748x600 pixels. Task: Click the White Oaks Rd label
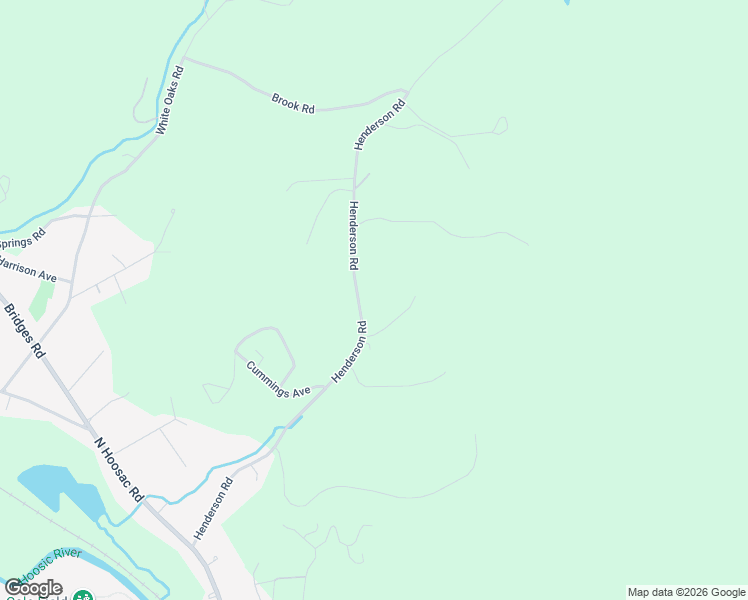coord(170,100)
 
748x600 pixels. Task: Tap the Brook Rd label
coord(293,102)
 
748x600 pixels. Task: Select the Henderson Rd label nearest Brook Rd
coord(379,125)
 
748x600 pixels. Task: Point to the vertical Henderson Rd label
coord(353,235)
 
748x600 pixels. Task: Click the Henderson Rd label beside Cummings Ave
coord(350,350)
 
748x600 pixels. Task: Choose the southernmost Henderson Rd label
coord(213,508)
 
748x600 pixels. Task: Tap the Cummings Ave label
coord(279,379)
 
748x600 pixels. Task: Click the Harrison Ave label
coord(27,268)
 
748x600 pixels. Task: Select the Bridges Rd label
coord(25,331)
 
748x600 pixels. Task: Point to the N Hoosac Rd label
coord(120,469)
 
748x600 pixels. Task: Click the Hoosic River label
coord(50,579)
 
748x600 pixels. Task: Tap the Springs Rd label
coord(22,240)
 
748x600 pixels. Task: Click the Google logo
coord(33,588)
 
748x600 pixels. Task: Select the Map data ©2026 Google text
coord(686,592)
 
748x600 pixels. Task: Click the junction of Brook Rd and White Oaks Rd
coord(185,60)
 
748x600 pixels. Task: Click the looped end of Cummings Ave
coord(264,332)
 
